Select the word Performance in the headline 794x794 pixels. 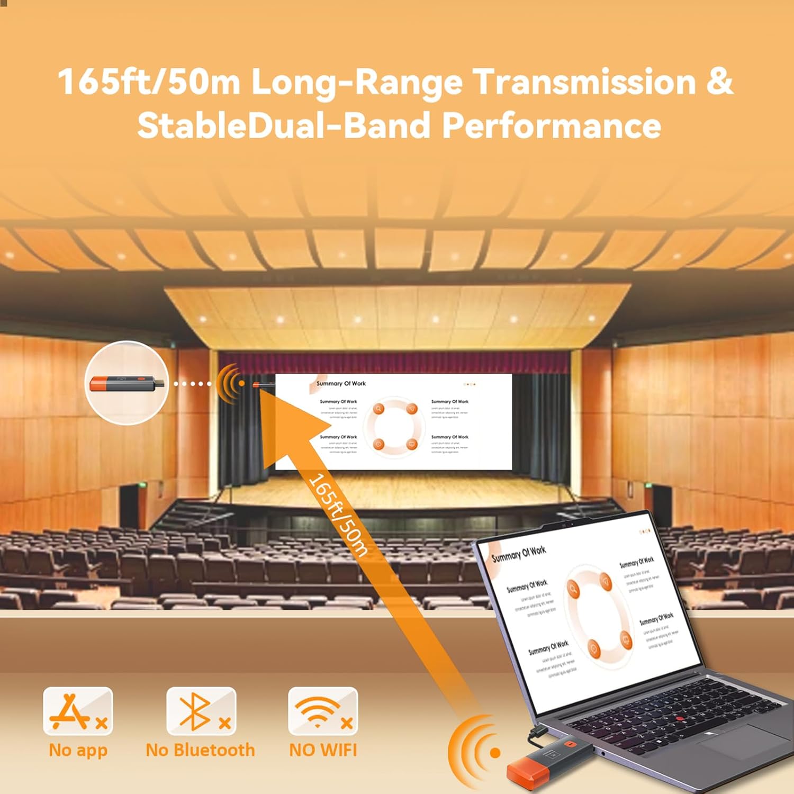coord(551,126)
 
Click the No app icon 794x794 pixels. coord(78,711)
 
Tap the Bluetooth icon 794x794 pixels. coord(201,711)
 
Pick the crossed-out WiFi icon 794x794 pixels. coord(323,711)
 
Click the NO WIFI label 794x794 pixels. coord(323,750)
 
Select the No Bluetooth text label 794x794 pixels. coord(200,750)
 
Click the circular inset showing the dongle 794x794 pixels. coord(127,383)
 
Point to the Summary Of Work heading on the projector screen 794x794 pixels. coord(341,383)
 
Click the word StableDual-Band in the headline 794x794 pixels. coord(283,126)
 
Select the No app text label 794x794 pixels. coord(78,750)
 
